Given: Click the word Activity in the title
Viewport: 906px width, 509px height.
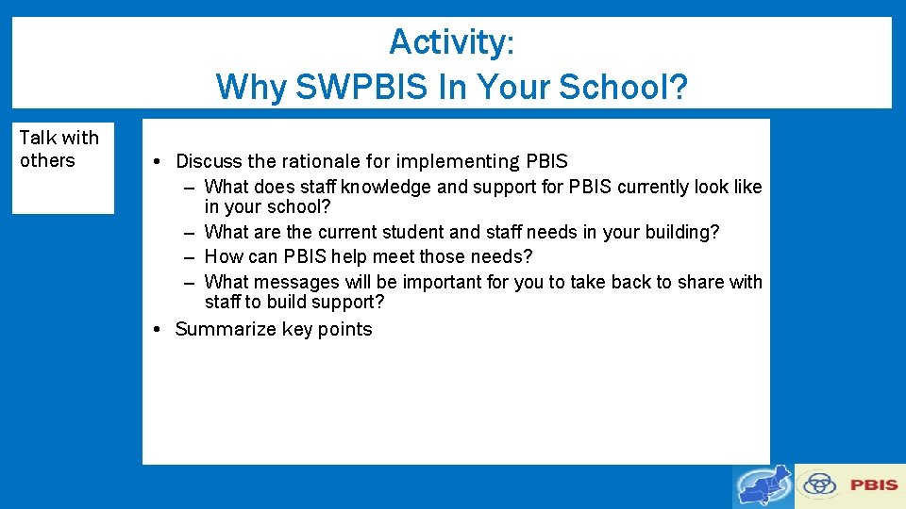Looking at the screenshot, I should pyautogui.click(x=448, y=42).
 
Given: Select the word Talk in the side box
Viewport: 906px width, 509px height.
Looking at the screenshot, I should pyautogui.click(x=39, y=138).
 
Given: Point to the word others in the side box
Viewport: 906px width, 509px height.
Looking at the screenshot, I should pyautogui.click(x=47, y=160).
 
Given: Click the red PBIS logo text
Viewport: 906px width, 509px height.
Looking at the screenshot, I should pyautogui.click(x=874, y=485).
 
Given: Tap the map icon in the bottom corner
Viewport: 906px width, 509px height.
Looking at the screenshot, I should pyautogui.click(x=763, y=486).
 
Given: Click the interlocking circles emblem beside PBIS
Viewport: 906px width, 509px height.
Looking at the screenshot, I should pyautogui.click(x=819, y=485).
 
